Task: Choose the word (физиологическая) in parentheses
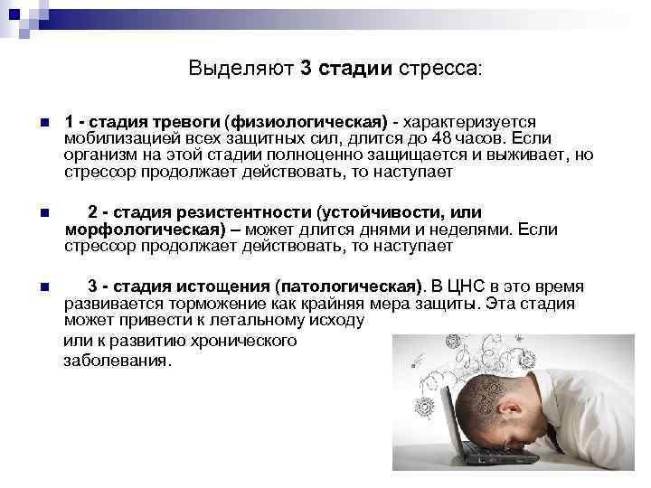coord(307,122)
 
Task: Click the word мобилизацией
coord(121,138)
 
